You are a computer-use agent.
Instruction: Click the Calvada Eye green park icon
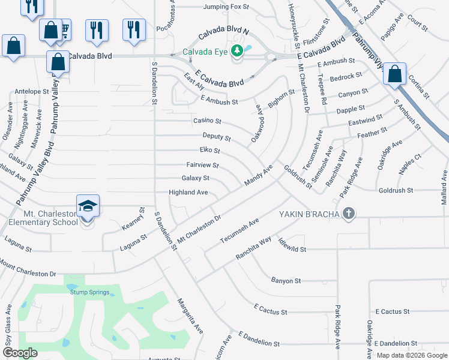click(237, 51)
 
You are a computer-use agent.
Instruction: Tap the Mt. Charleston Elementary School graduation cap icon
click(88, 206)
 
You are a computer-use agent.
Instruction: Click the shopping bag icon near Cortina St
click(395, 74)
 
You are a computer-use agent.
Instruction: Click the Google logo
click(20, 353)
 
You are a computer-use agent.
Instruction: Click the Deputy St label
click(216, 137)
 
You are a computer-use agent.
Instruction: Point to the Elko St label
click(209, 151)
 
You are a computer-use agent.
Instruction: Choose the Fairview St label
click(202, 165)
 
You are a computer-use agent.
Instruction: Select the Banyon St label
click(286, 280)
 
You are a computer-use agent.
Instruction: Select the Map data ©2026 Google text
click(412, 355)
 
